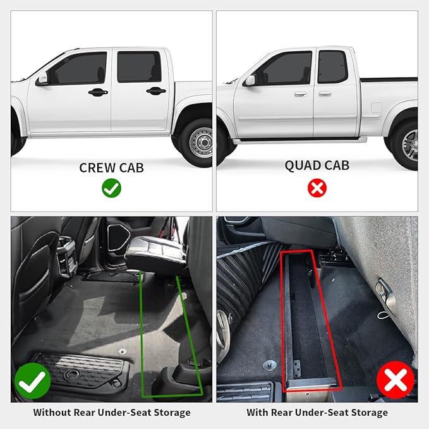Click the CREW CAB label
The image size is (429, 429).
point(111,167)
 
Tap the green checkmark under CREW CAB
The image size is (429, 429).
point(111,188)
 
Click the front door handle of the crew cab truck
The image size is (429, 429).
point(98,92)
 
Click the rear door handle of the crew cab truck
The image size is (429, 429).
point(155,91)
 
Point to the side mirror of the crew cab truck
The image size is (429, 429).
point(42,80)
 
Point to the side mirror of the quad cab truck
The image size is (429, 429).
point(250,80)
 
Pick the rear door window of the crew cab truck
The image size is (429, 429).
point(138,66)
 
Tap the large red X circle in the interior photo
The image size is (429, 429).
point(396,381)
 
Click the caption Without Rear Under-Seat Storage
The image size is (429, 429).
point(111,413)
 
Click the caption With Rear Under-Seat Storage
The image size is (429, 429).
point(318,413)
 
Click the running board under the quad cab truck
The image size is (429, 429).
point(297,140)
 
